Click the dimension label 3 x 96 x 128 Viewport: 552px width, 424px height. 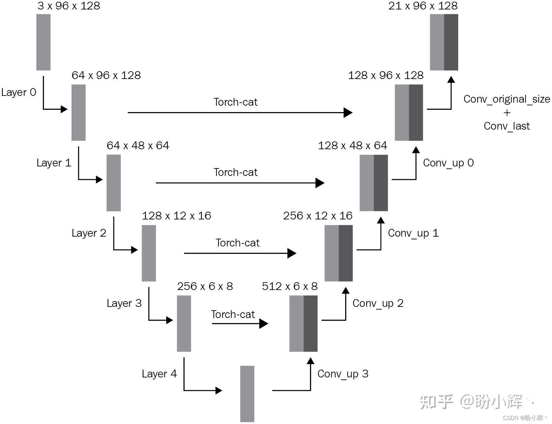(x=68, y=6)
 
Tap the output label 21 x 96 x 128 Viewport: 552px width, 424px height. (x=423, y=6)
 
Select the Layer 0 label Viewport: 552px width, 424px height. (x=19, y=92)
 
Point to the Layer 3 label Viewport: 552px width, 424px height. (x=124, y=303)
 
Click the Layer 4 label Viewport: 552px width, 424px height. (x=159, y=374)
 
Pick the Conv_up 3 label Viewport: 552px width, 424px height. (x=342, y=374)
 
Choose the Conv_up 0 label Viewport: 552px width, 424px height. (x=448, y=163)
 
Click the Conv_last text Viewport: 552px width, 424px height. (x=506, y=126)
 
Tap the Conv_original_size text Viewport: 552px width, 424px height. (x=506, y=99)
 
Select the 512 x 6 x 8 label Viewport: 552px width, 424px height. (x=289, y=286)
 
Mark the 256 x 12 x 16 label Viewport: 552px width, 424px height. (x=318, y=216)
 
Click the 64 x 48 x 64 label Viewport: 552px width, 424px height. (x=138, y=145)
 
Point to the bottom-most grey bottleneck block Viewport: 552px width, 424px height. (x=247, y=394)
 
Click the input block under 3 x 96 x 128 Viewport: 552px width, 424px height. (x=43, y=42)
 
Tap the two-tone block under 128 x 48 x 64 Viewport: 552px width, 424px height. (x=374, y=183)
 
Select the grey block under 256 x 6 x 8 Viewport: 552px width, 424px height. (x=184, y=323)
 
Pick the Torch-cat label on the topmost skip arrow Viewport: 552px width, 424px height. (x=235, y=102)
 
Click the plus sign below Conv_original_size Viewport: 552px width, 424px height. (x=507, y=113)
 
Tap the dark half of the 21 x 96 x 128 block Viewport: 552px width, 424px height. (x=451, y=42)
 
